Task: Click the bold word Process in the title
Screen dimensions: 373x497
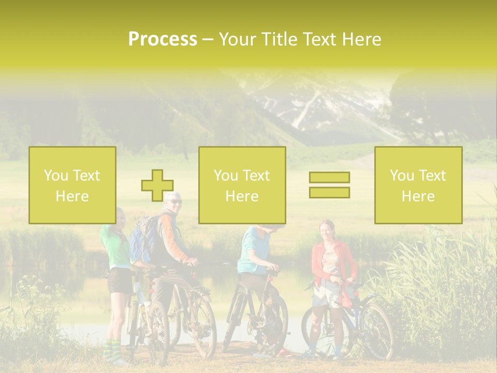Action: [163, 39]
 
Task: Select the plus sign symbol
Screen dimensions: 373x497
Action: [157, 185]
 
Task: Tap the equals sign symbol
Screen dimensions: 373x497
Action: [329, 185]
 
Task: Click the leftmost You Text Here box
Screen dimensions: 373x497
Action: [72, 185]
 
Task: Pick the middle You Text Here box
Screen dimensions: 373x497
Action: [242, 185]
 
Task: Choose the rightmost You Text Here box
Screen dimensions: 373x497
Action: [418, 185]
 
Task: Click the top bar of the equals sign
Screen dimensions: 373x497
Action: [329, 178]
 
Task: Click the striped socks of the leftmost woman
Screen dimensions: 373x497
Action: [113, 350]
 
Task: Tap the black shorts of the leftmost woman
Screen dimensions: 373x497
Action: [120, 280]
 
